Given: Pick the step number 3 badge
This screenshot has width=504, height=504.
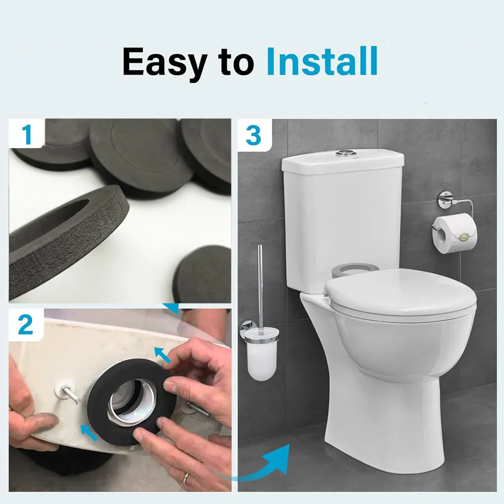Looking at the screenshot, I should pos(254,135).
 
